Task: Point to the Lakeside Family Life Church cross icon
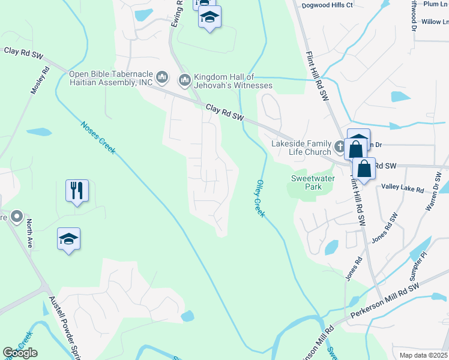[339, 146]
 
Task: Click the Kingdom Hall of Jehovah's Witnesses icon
[184, 79]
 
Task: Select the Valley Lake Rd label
[402, 188]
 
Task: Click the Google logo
[20, 353]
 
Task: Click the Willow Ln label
[435, 22]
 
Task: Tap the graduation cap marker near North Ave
[69, 239]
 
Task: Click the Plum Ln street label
[436, 4]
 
